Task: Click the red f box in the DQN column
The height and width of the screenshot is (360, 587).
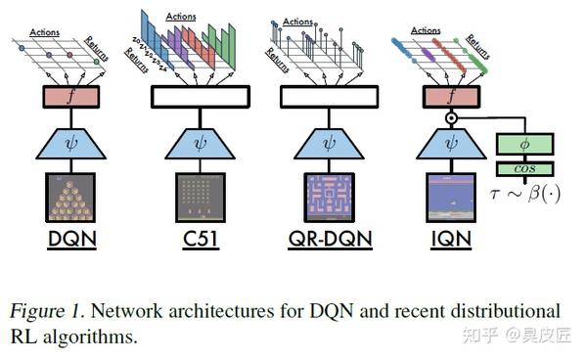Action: [69, 96]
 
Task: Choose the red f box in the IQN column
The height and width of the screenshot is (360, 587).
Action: [451, 96]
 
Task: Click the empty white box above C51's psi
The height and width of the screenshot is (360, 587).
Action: [201, 96]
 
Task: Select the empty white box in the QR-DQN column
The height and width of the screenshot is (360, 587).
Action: [329, 96]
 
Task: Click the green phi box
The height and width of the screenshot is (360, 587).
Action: [525, 144]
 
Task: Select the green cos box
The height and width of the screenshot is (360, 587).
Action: [525, 168]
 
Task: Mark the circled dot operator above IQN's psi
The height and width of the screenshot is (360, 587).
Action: [451, 119]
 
